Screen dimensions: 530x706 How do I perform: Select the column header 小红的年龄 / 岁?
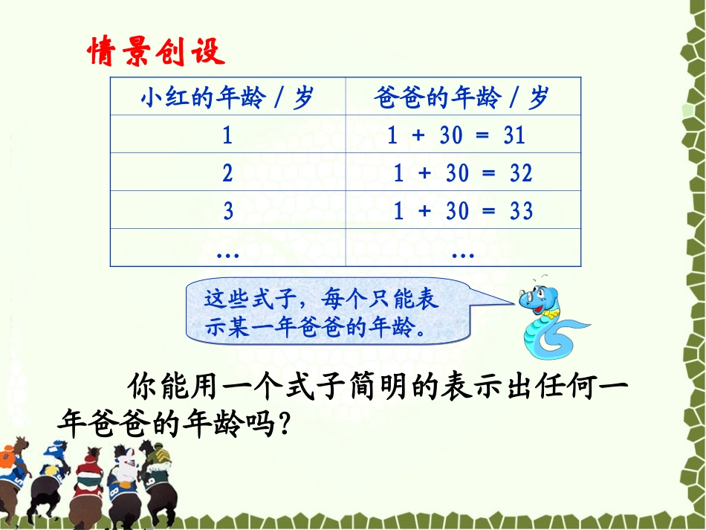point(227,97)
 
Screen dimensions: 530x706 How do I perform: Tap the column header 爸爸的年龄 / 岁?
point(462,97)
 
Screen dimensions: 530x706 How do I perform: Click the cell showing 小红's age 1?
point(227,135)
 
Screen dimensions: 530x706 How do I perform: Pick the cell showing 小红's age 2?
point(227,173)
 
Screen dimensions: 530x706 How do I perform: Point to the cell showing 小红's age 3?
point(227,211)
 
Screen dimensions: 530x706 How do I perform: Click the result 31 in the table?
point(514,135)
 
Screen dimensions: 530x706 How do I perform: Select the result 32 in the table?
point(521,173)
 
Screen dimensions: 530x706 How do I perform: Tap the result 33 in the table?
point(521,211)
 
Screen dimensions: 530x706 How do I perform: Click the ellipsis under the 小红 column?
point(227,252)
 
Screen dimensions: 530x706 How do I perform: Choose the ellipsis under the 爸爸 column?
point(462,252)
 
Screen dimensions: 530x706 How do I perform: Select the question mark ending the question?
point(278,426)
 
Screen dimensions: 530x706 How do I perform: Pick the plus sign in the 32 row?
point(424,173)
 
